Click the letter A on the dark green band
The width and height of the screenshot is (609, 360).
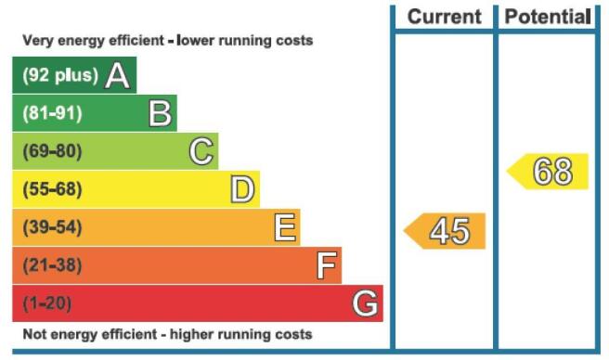(117, 75)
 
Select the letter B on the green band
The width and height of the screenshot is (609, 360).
(160, 113)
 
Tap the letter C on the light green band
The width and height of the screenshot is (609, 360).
(201, 151)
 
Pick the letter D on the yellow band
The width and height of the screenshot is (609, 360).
(242, 189)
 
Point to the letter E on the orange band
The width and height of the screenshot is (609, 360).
(285, 227)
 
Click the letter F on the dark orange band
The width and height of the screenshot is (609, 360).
(326, 265)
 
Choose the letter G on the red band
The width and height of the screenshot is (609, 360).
(365, 303)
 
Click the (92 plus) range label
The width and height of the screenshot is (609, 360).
(60, 75)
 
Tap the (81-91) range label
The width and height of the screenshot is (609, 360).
(52, 113)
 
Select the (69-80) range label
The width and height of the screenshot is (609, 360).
(52, 151)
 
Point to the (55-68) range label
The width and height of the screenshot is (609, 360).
(52, 189)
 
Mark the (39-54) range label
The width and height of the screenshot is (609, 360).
(52, 227)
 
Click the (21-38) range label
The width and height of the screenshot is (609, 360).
(52, 265)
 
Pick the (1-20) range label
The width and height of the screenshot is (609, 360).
(47, 303)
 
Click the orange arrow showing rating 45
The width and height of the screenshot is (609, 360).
(445, 231)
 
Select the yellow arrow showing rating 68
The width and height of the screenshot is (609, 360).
(548, 172)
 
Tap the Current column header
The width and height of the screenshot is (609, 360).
(445, 17)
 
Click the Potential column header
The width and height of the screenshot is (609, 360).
(548, 17)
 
